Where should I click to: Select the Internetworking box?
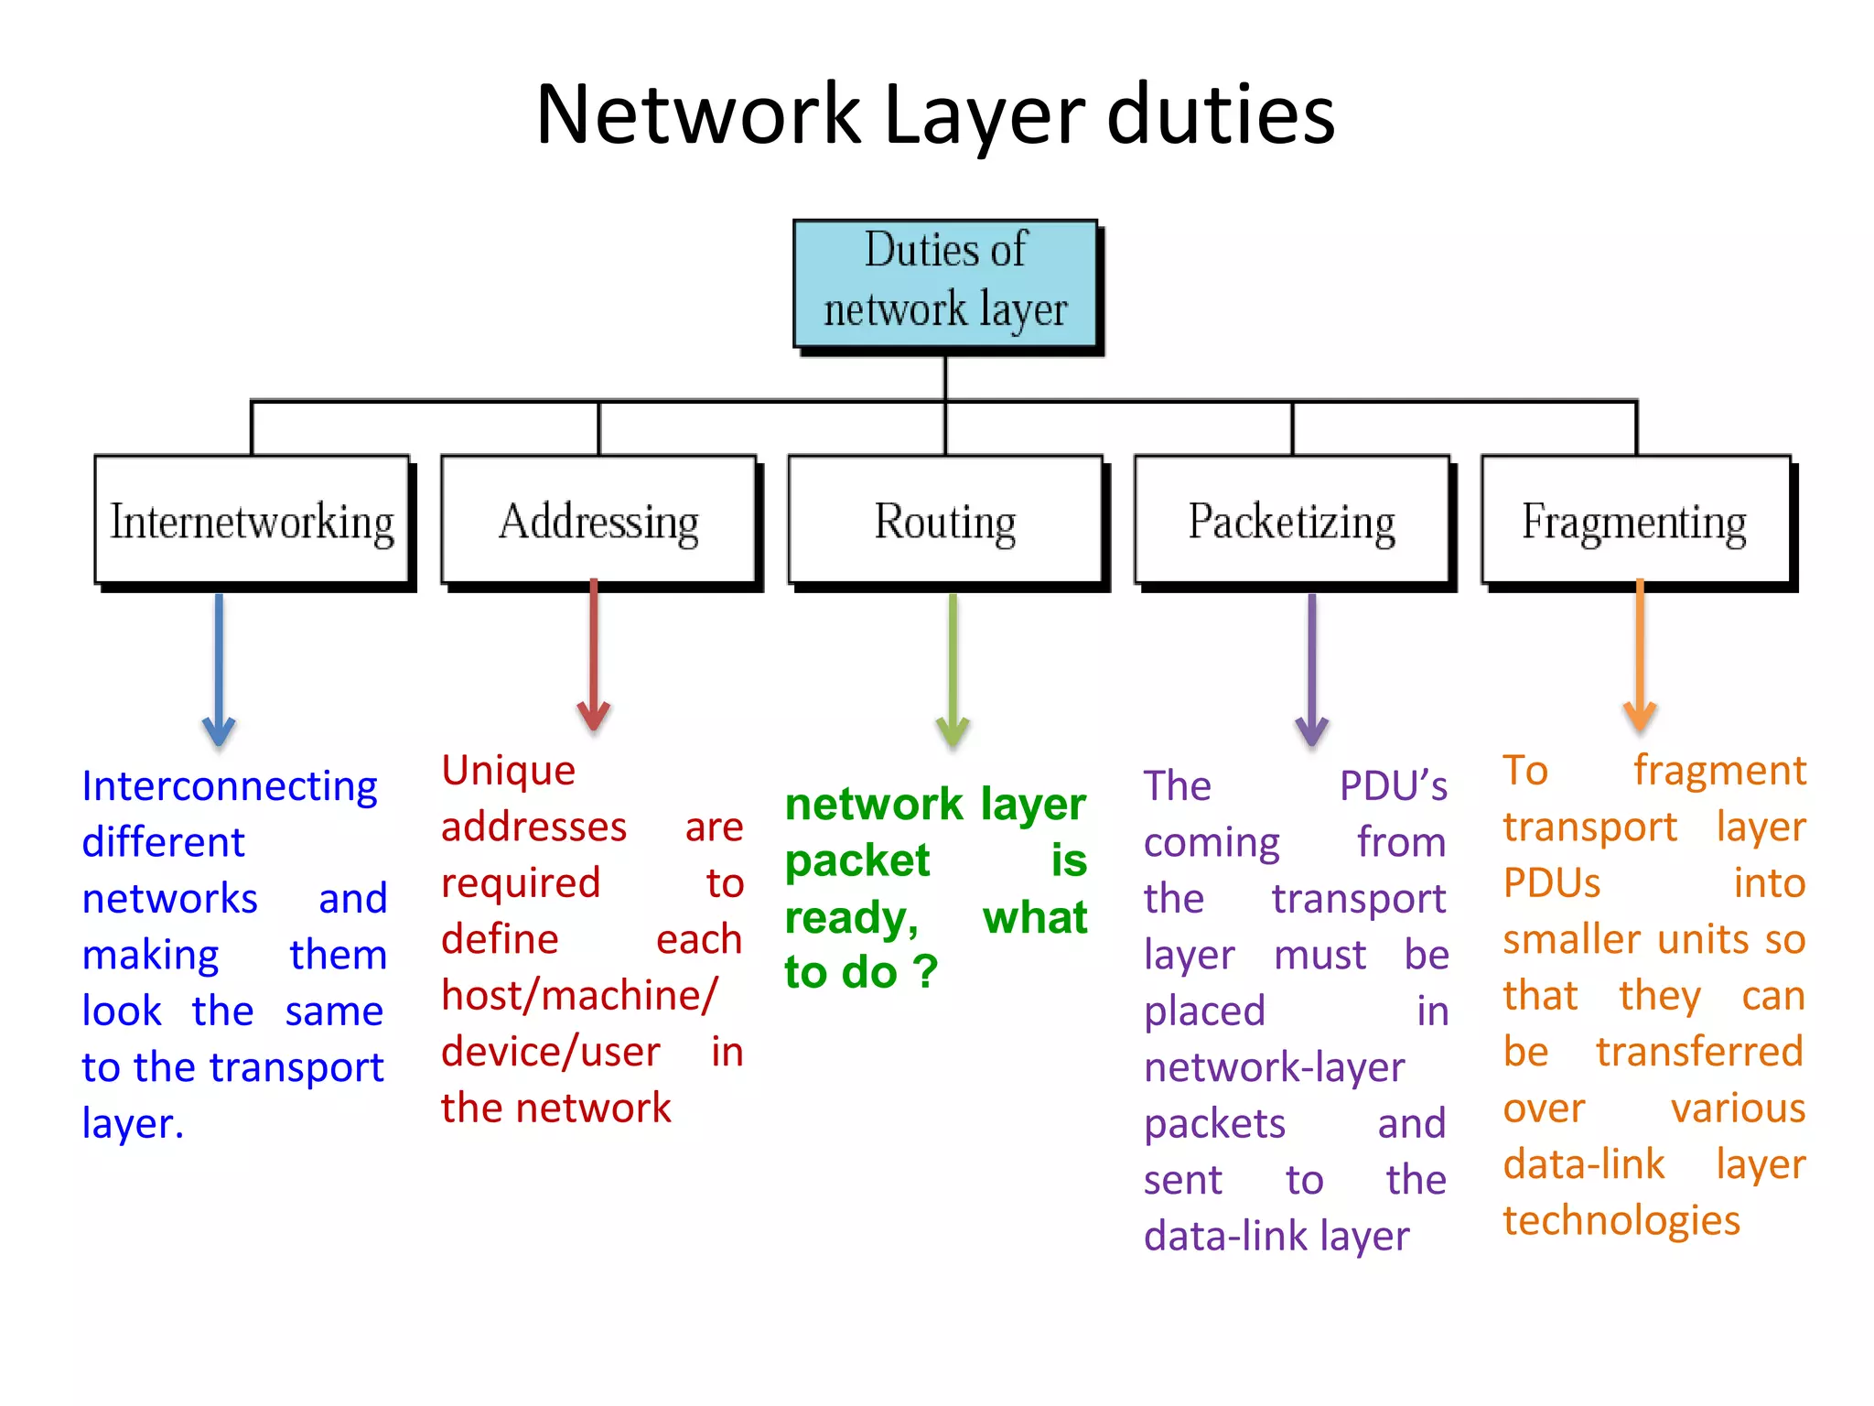tap(252, 520)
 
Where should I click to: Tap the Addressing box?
tap(598, 520)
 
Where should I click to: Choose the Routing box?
tap(945, 520)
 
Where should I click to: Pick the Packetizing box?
tap(1292, 520)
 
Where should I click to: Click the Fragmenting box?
tap(1635, 520)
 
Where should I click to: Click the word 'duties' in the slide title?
tap(1221, 114)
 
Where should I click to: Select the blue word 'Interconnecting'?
tap(230, 786)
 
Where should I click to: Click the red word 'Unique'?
tap(509, 771)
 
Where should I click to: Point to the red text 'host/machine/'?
tap(578, 996)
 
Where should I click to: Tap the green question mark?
tap(926, 972)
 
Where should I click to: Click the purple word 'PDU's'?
tap(1393, 786)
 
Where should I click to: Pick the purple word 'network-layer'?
tap(1274, 1067)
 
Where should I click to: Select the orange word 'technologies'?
tap(1621, 1220)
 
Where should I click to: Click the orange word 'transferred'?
tap(1699, 1052)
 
